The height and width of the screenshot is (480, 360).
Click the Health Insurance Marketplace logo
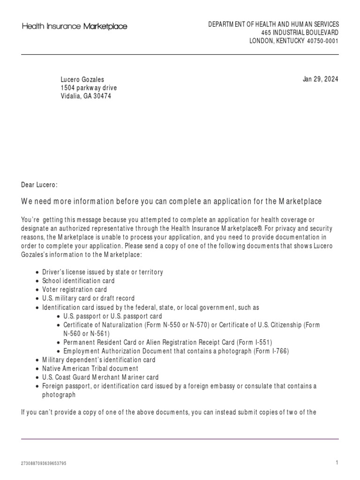tap(75, 27)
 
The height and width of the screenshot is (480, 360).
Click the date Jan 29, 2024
tap(320, 79)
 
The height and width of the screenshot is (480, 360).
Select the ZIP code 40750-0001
tap(322, 41)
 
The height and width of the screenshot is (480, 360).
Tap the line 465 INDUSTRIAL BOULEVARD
tap(300, 33)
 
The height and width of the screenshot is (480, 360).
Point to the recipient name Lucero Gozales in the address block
tap(82, 80)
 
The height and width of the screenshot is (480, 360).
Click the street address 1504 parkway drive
tap(89, 88)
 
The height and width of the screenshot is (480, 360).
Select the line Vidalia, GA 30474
tap(86, 96)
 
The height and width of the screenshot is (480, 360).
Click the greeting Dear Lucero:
tap(39, 185)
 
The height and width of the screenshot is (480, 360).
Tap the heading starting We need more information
tap(172, 202)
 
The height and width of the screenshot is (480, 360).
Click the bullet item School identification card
tap(78, 281)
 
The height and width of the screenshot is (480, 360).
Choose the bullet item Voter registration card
tap(75, 290)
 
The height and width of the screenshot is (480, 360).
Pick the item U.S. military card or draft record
tap(88, 298)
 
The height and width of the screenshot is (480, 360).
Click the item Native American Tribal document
tap(90, 368)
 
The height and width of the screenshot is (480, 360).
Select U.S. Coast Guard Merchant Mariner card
tap(100, 377)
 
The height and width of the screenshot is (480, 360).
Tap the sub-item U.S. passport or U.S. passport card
tap(112, 316)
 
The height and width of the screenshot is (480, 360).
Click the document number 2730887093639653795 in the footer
tap(44, 464)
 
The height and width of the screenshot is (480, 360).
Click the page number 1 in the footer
tap(337, 463)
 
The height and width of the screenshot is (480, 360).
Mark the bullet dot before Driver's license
tap(37, 272)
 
